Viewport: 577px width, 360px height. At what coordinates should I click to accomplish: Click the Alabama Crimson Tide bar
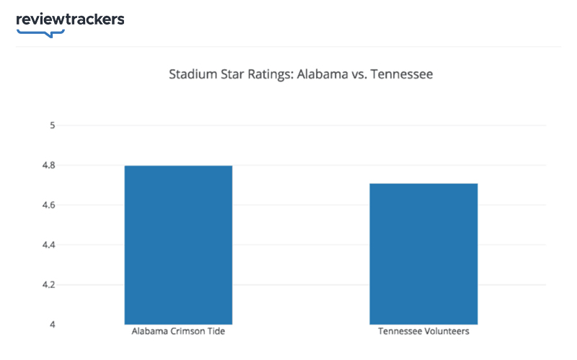point(178,245)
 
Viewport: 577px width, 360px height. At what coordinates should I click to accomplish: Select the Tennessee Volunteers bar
point(423,253)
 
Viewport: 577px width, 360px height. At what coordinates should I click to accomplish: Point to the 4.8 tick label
point(50,165)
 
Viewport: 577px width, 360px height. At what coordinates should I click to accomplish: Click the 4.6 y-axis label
point(50,206)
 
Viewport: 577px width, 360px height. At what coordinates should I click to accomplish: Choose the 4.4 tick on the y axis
point(50,245)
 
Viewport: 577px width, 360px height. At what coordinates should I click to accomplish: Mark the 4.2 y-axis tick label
point(50,285)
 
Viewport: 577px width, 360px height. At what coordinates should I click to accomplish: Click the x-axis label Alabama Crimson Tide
point(178,333)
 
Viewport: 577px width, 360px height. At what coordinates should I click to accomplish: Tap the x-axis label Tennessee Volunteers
point(423,333)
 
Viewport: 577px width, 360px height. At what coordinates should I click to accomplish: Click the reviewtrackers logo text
point(70,19)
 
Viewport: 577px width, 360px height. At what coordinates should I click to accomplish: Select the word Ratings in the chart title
point(267,74)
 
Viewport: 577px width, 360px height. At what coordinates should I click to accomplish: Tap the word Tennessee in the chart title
point(400,74)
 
